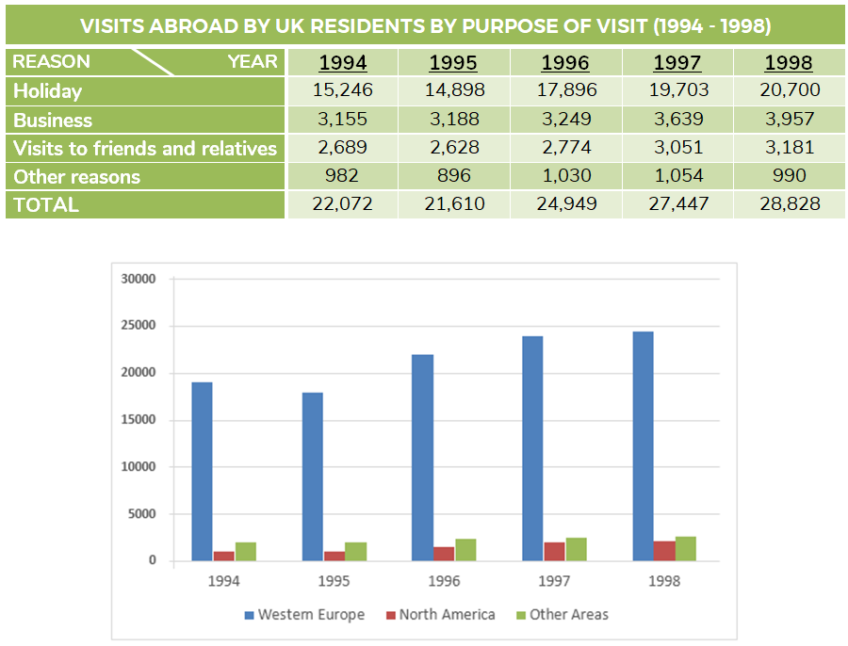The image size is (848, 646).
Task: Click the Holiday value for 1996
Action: tap(565, 91)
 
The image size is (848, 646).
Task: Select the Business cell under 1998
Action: tap(789, 120)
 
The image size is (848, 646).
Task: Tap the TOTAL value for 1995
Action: tap(453, 204)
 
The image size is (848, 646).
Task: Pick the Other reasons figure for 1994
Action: tap(343, 176)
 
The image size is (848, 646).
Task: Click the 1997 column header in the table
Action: tap(677, 63)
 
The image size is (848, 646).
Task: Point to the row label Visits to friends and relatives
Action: tap(145, 149)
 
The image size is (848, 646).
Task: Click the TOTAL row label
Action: tap(46, 205)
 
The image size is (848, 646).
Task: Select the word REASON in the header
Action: tap(52, 62)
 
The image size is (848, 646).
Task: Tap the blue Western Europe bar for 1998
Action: tap(643, 446)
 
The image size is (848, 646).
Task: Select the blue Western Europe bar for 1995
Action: tap(312, 476)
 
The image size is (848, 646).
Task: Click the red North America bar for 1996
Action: tap(443, 554)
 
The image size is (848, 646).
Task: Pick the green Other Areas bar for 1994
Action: tap(245, 552)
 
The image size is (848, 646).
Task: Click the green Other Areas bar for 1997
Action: tap(576, 549)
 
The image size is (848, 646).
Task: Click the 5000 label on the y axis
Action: tap(142, 514)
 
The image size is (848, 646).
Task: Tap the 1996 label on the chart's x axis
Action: tap(444, 581)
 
